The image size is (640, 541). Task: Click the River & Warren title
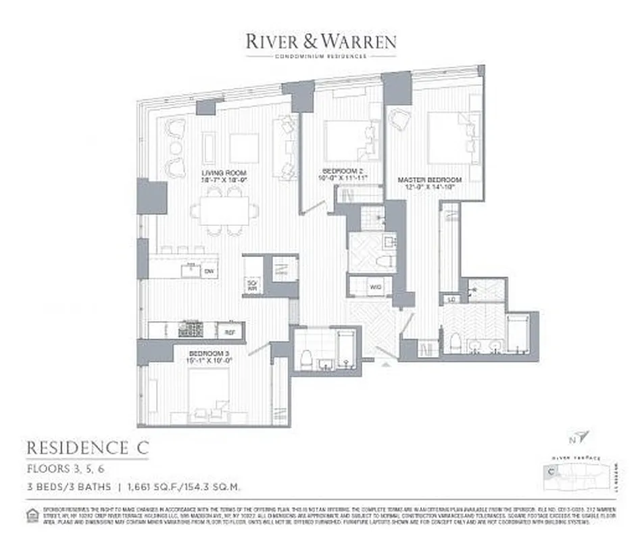[320, 41]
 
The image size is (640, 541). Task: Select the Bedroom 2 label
[343, 169]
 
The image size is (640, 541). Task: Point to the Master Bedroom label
[429, 180]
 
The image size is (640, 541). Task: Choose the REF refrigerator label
[229, 332]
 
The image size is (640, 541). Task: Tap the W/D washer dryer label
[376, 287]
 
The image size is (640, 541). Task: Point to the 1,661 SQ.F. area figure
[150, 486]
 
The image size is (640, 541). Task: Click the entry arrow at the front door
[386, 364]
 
